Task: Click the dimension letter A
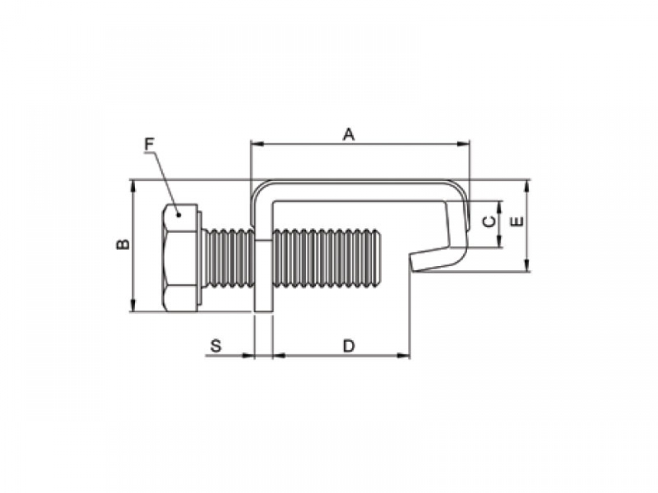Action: (349, 135)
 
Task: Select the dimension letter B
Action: (123, 244)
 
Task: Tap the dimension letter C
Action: (489, 221)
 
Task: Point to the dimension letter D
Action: (349, 346)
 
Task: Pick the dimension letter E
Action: (518, 221)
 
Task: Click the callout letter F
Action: (149, 144)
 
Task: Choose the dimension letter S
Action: (216, 346)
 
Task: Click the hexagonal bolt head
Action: (180, 258)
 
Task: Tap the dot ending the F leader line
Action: (179, 215)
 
